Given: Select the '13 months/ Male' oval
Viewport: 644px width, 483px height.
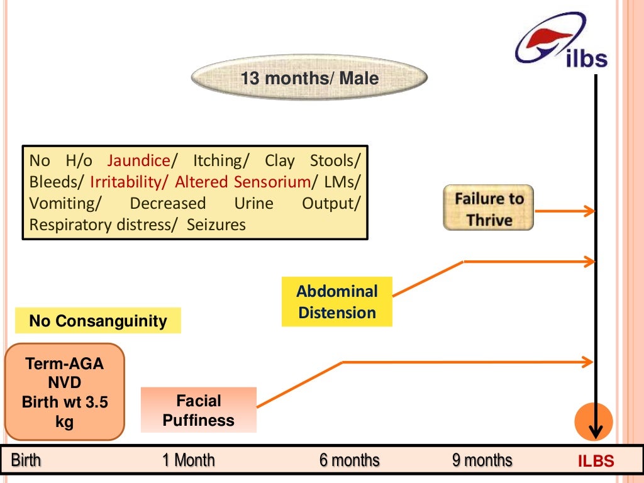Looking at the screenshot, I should pos(309,79).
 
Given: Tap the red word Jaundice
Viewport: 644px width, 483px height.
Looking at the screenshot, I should pos(138,160).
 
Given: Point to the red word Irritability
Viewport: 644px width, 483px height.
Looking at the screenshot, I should pos(128,182).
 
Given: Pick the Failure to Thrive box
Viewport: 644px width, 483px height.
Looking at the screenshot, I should pos(489,208).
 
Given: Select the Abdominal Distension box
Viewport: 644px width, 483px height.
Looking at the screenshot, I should pos(337,302).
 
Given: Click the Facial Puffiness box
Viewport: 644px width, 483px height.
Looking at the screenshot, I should pos(199,410).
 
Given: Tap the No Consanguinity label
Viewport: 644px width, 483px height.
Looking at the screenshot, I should pos(98,321).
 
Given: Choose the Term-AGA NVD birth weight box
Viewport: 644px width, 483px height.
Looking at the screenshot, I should pos(65,392).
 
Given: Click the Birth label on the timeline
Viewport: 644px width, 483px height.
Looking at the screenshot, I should pos(26,460).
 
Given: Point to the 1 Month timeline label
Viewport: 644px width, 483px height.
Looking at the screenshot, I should pos(188,460).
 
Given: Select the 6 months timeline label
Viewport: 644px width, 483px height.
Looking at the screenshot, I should pos(349,460).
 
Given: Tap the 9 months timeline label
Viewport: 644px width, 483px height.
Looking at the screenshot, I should pos(482,460).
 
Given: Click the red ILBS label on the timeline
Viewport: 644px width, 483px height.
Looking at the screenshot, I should pos(596,462).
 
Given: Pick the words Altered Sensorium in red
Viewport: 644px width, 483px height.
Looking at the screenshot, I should pos(243,182).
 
